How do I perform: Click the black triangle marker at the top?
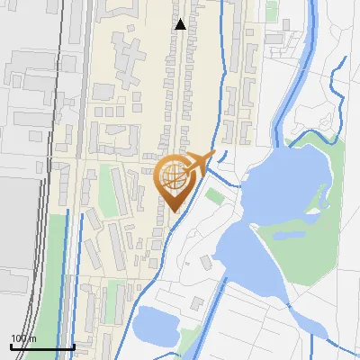181,24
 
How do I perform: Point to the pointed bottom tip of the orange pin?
172,211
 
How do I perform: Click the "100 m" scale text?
23,338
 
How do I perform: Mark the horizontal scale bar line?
41,347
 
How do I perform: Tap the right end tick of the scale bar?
73,346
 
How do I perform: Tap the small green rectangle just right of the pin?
214,195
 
